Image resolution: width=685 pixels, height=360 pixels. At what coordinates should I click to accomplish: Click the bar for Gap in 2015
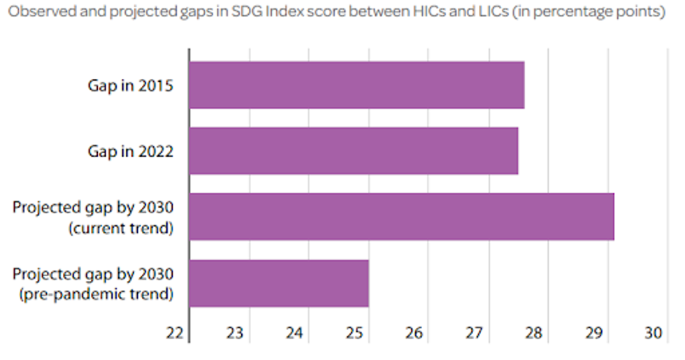pyautogui.click(x=356, y=85)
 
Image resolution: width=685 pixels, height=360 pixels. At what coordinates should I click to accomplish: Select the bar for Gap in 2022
pyautogui.click(x=354, y=150)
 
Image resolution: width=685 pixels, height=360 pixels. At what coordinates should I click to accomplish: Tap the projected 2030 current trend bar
pyautogui.click(x=401, y=217)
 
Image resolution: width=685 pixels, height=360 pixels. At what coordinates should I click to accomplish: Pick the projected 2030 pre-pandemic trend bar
pyautogui.click(x=279, y=283)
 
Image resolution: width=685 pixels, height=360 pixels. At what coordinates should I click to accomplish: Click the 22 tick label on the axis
pyautogui.click(x=175, y=333)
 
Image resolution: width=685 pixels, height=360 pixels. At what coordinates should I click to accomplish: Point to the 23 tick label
pyautogui.click(x=236, y=333)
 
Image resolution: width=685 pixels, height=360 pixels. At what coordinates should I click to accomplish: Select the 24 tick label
pyautogui.click(x=295, y=333)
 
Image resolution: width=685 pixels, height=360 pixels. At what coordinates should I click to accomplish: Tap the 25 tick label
pyautogui.click(x=355, y=333)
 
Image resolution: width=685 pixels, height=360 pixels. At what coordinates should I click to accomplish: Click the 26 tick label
pyautogui.click(x=414, y=333)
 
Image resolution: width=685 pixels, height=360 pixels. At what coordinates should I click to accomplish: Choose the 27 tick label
pyautogui.click(x=475, y=333)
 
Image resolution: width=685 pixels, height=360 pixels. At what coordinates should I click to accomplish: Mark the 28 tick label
pyautogui.click(x=534, y=333)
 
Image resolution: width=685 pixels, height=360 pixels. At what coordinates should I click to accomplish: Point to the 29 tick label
pyautogui.click(x=593, y=333)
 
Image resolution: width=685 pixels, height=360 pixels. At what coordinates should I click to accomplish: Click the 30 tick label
pyautogui.click(x=654, y=333)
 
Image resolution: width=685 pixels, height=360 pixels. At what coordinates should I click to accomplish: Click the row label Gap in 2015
pyautogui.click(x=130, y=85)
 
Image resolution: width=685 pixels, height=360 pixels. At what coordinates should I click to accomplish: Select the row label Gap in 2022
pyautogui.click(x=130, y=150)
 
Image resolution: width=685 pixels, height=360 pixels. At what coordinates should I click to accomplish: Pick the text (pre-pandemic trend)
pyautogui.click(x=96, y=294)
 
